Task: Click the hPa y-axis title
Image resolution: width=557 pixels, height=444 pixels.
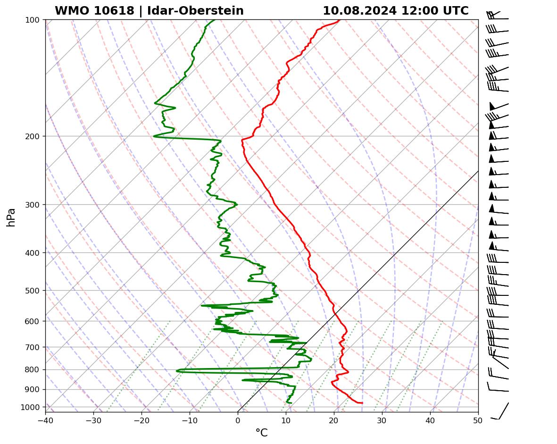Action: tap(11, 217)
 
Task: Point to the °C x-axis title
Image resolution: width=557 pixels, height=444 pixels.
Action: tap(261, 433)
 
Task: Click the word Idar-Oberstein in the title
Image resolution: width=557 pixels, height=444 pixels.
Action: tap(195, 11)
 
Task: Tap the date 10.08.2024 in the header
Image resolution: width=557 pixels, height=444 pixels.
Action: tap(359, 11)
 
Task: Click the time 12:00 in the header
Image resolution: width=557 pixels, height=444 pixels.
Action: tap(416, 11)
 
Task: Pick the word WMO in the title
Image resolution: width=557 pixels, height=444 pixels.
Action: tap(70, 11)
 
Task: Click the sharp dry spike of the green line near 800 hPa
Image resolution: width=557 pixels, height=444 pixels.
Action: tap(177, 371)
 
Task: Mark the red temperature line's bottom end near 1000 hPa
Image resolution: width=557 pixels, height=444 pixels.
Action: tap(362, 403)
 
